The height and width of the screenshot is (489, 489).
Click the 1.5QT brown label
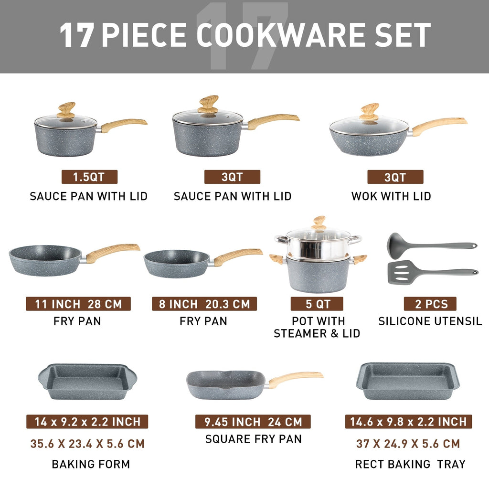click(x=89, y=177)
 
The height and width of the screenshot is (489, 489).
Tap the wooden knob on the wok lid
click(x=369, y=111)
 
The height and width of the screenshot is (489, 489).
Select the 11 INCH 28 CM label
click(x=78, y=304)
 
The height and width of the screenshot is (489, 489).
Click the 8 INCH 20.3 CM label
click(x=204, y=304)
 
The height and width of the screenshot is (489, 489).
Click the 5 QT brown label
click(x=317, y=304)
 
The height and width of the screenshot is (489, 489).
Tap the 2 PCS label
click(x=430, y=304)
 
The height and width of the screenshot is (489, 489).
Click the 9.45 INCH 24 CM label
click(x=253, y=422)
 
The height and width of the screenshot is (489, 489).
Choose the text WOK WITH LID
click(x=391, y=196)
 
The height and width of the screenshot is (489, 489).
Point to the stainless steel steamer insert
click(x=318, y=246)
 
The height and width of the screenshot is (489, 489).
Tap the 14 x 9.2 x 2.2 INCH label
click(x=87, y=422)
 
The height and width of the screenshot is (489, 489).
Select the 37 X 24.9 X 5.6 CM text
click(x=408, y=444)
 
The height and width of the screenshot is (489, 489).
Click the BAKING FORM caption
click(x=91, y=464)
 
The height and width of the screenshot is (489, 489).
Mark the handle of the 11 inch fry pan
click(x=113, y=252)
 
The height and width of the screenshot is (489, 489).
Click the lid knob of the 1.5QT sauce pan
click(x=66, y=110)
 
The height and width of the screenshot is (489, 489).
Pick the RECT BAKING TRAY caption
click(x=410, y=464)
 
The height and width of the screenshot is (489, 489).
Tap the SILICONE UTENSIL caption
click(x=430, y=321)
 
